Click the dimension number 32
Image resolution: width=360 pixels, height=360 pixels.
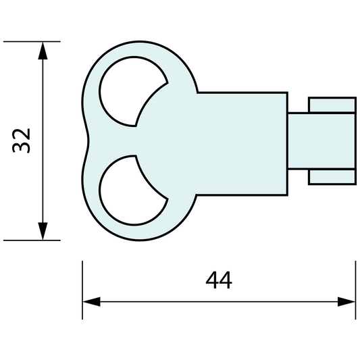coord(22,140)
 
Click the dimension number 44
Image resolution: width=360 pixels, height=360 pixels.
coord(218,280)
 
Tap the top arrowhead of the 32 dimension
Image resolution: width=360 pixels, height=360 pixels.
coord(43,49)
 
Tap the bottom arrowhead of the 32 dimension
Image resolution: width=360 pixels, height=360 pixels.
coord(43,231)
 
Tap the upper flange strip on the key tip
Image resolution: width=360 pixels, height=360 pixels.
coord(332,105)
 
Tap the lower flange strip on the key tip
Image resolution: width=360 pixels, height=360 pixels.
coord(332,176)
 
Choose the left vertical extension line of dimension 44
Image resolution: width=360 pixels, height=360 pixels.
coord(82,284)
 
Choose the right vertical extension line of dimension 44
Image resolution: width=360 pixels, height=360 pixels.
coord(355,284)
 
